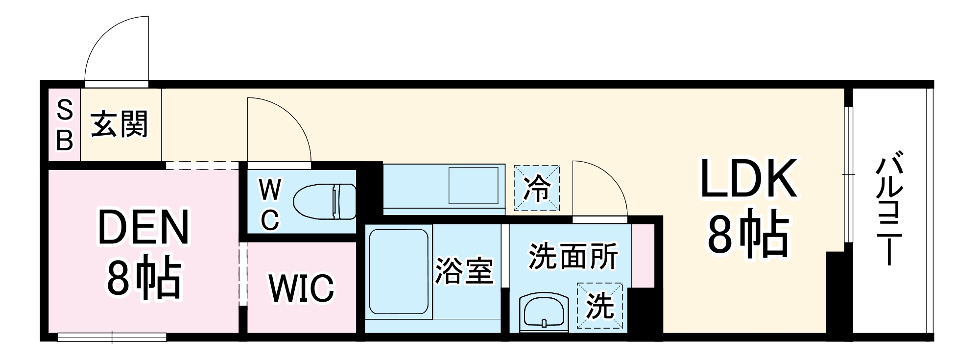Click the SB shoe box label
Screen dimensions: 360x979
65,125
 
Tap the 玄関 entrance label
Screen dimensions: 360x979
119,124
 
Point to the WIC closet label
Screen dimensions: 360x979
301,288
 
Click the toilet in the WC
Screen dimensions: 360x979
324,202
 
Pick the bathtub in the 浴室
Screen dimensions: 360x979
398,272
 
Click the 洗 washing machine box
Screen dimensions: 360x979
600,306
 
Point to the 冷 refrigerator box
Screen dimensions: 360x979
536,188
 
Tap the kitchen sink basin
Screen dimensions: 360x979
474,185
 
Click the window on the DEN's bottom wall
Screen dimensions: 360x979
112,337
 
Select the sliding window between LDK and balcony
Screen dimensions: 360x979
849,174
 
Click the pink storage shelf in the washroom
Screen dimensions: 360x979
643,255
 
